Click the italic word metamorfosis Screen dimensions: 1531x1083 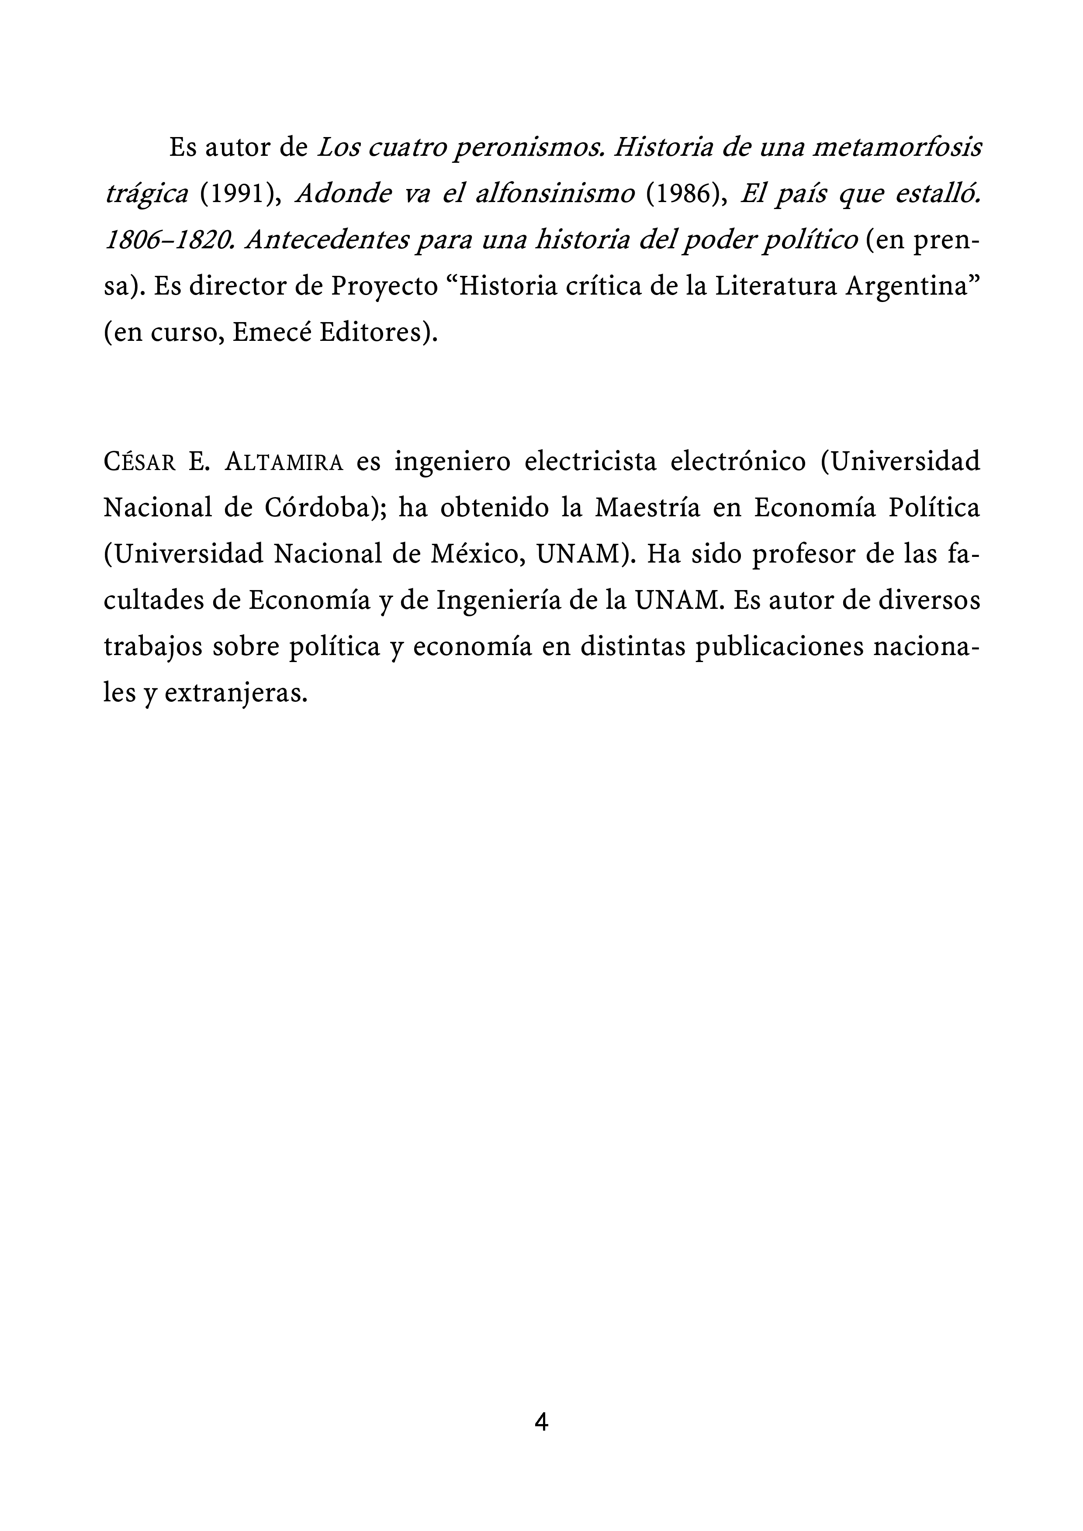[x=897, y=148]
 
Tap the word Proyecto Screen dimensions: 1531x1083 [x=384, y=287]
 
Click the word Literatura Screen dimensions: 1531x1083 [x=775, y=287]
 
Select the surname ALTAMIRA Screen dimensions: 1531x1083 [x=284, y=462]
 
